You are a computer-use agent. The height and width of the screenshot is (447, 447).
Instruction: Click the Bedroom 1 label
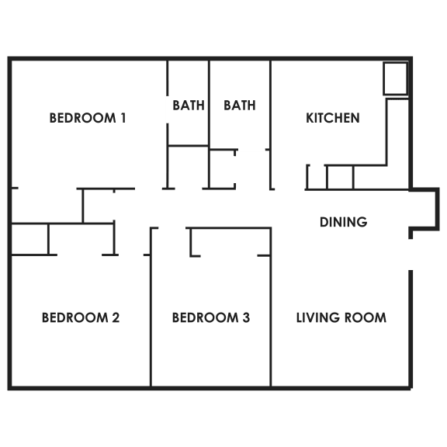[x=88, y=118]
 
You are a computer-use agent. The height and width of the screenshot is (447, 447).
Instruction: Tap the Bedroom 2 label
[x=81, y=317]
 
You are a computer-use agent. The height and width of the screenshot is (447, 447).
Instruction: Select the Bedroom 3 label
[x=211, y=317]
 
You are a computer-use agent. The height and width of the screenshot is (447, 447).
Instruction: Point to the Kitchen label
[x=333, y=118]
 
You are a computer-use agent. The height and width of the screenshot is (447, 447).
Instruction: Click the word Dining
[x=344, y=222]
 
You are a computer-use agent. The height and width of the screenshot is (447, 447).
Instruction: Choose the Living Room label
[x=341, y=317]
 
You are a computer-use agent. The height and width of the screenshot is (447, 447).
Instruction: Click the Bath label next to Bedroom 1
[x=189, y=106]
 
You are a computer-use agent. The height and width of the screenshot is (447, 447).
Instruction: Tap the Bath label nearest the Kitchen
[x=240, y=106]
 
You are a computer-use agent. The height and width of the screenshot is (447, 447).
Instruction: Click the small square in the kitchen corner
[x=395, y=78]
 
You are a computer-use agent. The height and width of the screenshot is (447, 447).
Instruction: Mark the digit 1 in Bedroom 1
[x=123, y=118]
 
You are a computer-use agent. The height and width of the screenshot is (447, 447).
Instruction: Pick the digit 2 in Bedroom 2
[x=116, y=317]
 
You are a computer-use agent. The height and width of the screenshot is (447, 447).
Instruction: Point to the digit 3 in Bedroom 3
[x=246, y=317]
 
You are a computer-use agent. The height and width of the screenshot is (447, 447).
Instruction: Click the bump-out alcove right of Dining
[x=438, y=209]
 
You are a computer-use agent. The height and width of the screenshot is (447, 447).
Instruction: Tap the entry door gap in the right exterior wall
[x=411, y=255]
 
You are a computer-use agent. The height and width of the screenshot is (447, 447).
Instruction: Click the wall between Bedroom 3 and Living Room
[x=271, y=307]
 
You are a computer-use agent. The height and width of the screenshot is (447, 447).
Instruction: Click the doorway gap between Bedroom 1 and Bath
[x=168, y=109]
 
